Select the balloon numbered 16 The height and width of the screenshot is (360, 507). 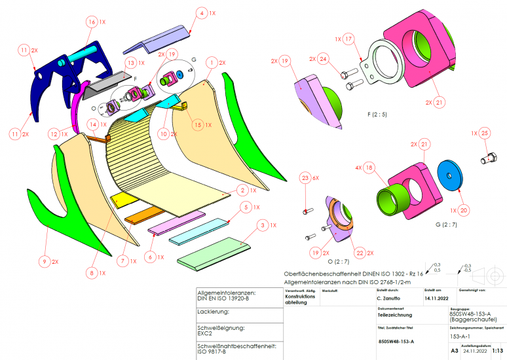coord(90,22)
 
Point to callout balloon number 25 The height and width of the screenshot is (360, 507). coord(484,133)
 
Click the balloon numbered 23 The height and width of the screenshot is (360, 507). coord(305,178)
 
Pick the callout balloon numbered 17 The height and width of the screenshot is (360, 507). coord(348,39)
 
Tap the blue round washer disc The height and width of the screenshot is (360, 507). coord(450,177)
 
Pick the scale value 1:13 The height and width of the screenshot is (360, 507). coord(498,351)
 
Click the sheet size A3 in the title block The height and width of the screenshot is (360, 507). coord(455,351)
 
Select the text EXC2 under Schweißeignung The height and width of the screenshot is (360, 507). coord(207,333)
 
